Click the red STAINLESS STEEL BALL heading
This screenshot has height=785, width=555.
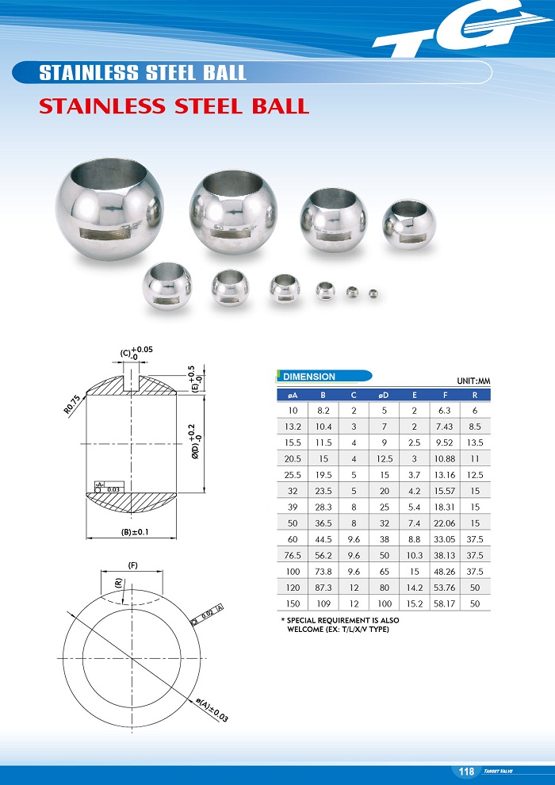[x=174, y=106]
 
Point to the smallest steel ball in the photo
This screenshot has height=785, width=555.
[x=373, y=294]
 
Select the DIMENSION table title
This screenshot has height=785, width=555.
[x=309, y=377]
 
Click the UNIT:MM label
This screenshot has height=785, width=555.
[x=473, y=381]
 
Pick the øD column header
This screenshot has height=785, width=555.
[x=384, y=395]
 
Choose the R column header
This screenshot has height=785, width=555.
[x=474, y=395]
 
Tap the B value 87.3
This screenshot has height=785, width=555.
[x=323, y=588]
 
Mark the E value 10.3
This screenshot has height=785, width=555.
[x=414, y=555]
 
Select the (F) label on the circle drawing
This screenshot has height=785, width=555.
[x=134, y=565]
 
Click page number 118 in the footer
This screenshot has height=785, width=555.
[x=466, y=772]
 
